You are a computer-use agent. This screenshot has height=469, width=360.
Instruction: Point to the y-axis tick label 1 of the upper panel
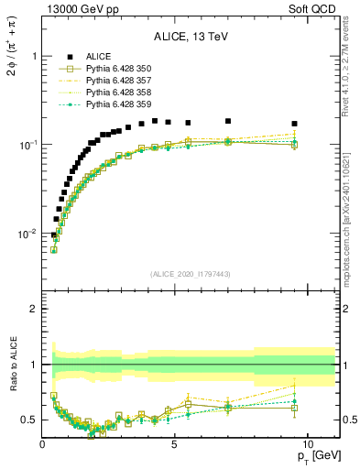coord(34,56)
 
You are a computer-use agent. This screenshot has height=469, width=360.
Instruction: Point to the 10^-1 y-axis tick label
coord(28,145)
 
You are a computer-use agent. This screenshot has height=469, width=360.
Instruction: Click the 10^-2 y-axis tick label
coord(28,234)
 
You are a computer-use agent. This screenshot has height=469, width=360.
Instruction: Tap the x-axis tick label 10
coord(308,444)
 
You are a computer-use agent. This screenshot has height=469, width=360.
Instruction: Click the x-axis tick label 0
coord(43,444)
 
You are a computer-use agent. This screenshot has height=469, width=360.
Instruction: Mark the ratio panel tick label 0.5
coord(31,420)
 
